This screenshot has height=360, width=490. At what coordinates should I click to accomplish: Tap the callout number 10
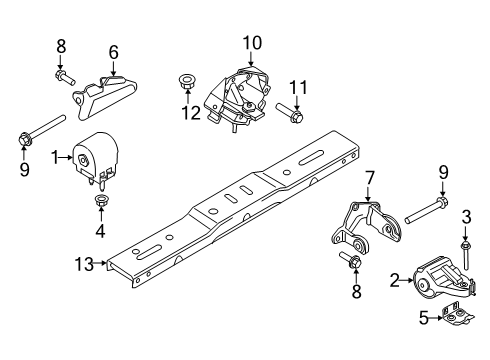250,42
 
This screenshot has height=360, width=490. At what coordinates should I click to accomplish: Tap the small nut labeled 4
101,207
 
